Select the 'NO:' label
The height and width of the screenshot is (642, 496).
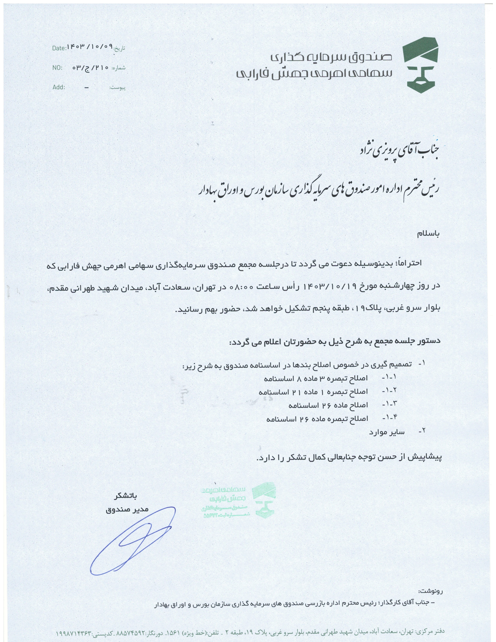pos(57,68)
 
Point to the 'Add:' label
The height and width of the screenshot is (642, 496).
pos(59,87)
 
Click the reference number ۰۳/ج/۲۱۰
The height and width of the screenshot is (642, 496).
pos(90,67)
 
